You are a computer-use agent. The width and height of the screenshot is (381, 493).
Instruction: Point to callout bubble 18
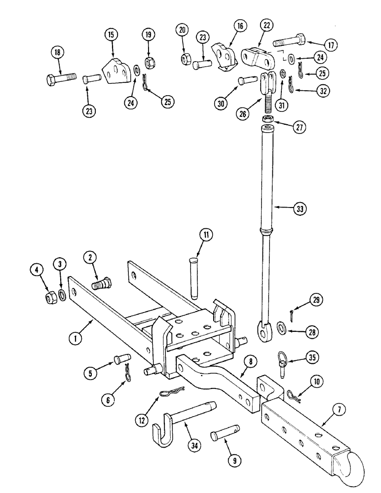[58, 52]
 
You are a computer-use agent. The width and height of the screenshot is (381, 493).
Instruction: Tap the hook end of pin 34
[160, 433]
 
